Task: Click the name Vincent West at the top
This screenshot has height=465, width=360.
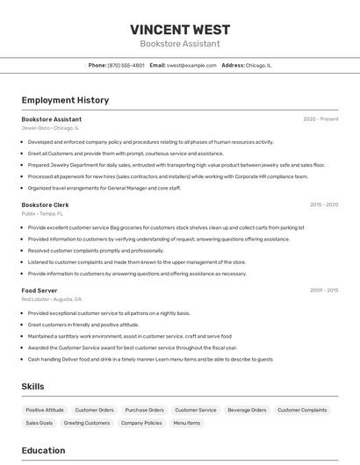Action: pos(179,29)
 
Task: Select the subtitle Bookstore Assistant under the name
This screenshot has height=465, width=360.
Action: pos(179,44)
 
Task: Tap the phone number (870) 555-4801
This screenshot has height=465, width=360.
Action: pos(126,65)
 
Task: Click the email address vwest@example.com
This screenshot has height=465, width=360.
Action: pos(191,65)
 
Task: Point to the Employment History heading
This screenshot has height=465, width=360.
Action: pos(65,100)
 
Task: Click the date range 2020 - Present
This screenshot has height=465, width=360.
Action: pos(320,118)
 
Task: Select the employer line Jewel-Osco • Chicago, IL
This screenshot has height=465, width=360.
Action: pos(50,127)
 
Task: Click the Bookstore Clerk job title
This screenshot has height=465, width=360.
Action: pos(45,204)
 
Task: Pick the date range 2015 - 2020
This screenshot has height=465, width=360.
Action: pos(324,204)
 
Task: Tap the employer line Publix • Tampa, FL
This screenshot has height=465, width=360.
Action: pos(42,213)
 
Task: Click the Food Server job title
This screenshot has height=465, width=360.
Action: pos(40,290)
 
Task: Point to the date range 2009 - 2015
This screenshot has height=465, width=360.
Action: pos(324,290)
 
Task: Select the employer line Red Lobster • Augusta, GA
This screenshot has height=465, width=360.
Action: pos(52,299)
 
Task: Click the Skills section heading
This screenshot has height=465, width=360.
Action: pos(32,386)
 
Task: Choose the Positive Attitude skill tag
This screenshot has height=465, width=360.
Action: pos(45,410)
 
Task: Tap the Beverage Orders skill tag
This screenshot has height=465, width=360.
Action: pos(247,410)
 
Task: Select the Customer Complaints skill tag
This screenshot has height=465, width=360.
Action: pos(302,410)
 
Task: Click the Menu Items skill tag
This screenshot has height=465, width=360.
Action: pos(186,423)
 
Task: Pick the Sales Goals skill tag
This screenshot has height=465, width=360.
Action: pos(39,423)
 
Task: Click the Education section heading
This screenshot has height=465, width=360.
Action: pos(43,450)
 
